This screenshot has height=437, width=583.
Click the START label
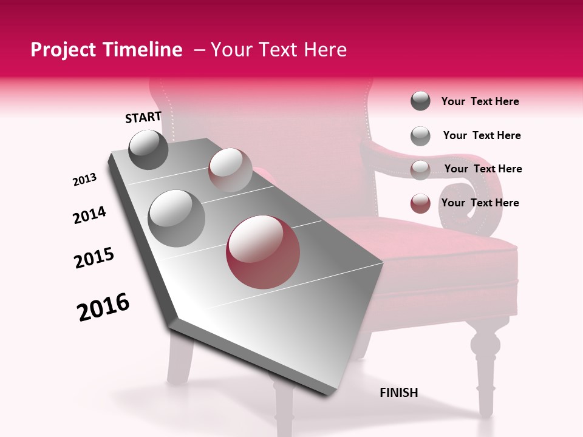pos(143,117)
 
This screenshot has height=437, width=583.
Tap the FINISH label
pos(398,393)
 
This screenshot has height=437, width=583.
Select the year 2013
pos(85,180)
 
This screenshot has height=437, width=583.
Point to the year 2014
pos(89,215)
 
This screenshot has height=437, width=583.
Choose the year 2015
pos(94,258)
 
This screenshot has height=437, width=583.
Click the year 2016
pos(103,307)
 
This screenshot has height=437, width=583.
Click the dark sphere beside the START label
pos(148,149)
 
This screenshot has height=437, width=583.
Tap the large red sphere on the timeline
pos(263,252)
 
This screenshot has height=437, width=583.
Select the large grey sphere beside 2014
pos(177,218)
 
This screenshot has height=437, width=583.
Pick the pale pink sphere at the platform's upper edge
pos(230,169)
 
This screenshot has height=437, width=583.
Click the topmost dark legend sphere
pos(420,101)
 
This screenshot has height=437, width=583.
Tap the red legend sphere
pos(420,203)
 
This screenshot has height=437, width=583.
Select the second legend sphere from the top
pos(420,135)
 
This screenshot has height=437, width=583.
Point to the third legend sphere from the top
pos(420,169)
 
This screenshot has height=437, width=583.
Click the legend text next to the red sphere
pos(480,203)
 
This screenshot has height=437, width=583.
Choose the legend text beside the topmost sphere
pos(480,101)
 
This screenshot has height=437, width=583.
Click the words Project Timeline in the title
pos(106,50)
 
